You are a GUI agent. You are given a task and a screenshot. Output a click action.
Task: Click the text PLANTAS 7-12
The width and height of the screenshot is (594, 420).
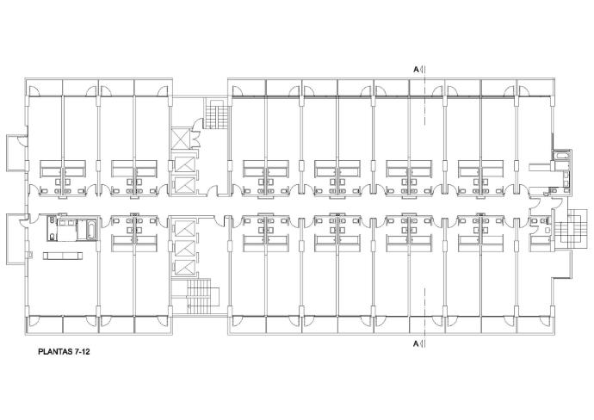coord(64,352)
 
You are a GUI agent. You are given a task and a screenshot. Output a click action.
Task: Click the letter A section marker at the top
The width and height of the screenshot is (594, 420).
coord(416,70)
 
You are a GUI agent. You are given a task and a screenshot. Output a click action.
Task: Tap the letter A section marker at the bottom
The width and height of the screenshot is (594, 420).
coord(416,344)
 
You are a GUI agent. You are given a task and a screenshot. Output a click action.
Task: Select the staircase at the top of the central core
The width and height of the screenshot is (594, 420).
coord(217,114)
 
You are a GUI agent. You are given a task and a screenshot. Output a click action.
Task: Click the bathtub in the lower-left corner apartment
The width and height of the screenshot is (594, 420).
coord(91,229)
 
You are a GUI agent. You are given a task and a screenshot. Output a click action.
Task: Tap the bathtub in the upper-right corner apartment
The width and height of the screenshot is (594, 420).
coord(561,155)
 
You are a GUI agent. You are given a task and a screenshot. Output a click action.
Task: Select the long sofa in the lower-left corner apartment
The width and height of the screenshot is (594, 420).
coord(63,256)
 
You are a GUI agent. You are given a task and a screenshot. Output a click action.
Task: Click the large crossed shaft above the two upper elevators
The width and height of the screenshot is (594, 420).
coord(180,139)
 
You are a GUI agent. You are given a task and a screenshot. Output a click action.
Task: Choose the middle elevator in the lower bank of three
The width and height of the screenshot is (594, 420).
coord(184,248)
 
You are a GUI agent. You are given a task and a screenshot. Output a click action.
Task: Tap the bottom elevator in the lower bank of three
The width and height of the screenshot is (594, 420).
coord(184,269)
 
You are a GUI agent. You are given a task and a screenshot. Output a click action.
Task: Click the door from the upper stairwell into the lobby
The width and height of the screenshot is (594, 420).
coord(198,124)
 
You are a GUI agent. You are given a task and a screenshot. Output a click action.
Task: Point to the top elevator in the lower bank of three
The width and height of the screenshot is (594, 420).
coord(184,228)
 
